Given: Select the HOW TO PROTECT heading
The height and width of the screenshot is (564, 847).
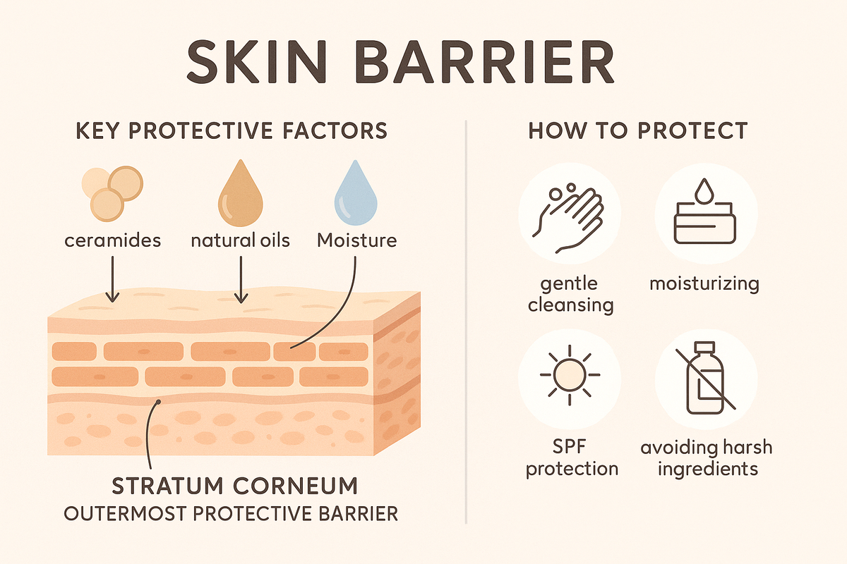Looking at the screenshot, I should click(637, 131).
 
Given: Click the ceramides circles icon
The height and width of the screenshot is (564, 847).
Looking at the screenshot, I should click(112, 191).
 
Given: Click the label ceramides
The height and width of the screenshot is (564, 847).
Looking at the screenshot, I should click(112, 240).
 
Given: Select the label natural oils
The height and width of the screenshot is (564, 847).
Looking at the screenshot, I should click(240, 240).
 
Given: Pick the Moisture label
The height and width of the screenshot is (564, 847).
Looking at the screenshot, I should click(356, 240).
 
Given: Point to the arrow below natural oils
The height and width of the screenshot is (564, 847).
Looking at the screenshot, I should click(241, 278).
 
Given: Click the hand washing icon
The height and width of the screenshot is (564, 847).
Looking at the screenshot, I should click(570, 214).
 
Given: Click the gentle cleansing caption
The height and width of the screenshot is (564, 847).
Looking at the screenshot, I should click(570, 294).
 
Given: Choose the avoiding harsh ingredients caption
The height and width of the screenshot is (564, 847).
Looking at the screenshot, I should click(706, 458).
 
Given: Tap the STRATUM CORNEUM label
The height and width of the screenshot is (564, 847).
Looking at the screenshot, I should click(231, 486).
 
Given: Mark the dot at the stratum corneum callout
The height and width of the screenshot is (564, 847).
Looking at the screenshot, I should click(160, 402).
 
